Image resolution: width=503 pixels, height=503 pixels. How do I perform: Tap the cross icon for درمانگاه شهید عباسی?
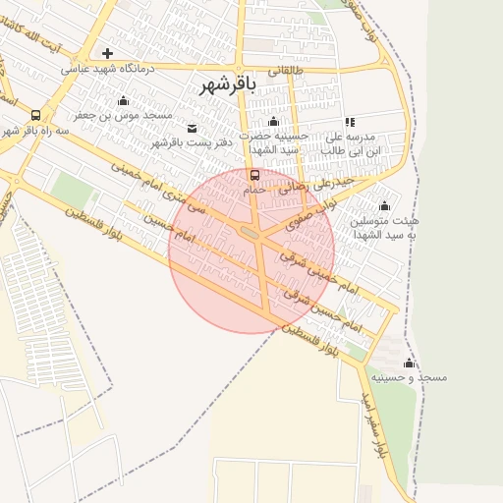point(107,53)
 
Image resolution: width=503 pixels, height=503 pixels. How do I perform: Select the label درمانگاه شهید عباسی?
point(106,69)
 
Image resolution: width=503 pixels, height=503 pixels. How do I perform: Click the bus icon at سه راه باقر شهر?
point(36,114)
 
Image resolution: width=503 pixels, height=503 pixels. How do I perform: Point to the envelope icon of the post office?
point(191,128)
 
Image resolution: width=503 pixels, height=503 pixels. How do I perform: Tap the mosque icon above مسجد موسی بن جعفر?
point(123,100)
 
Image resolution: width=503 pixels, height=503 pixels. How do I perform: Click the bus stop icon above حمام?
point(255,176)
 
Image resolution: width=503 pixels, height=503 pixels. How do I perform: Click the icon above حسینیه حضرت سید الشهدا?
point(274,122)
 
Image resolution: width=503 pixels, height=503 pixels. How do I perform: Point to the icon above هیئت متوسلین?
point(384,205)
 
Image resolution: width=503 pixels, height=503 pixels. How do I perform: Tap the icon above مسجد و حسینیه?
point(410,363)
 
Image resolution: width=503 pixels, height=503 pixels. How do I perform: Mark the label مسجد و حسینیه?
point(418,377)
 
